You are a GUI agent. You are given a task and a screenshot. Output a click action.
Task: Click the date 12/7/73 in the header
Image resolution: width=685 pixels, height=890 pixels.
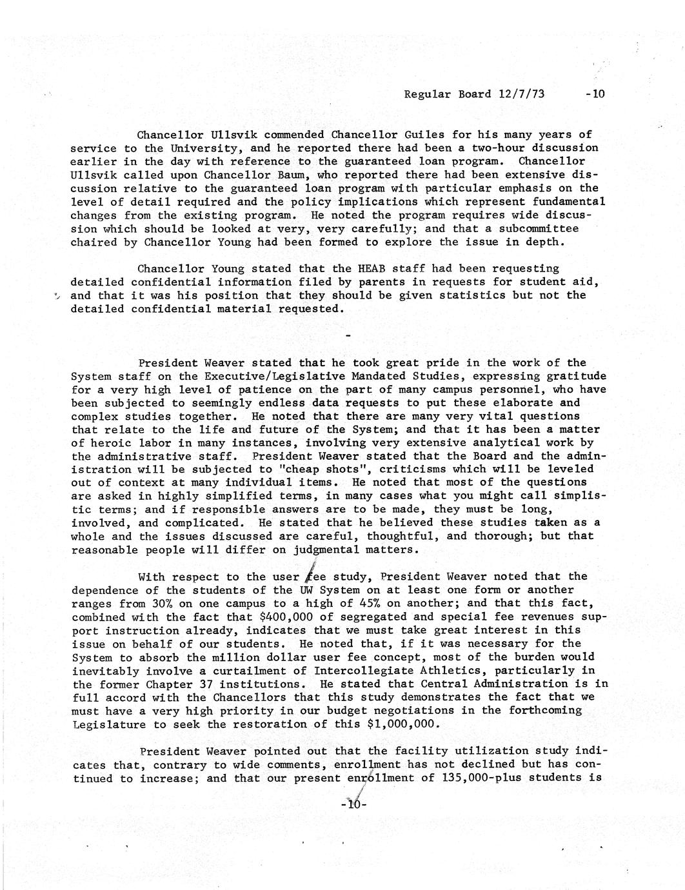click(x=522, y=94)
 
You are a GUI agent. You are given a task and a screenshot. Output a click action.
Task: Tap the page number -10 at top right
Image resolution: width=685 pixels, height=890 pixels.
click(x=595, y=94)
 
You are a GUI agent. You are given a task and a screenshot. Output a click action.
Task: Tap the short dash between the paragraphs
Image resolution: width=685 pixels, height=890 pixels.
click(x=348, y=336)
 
